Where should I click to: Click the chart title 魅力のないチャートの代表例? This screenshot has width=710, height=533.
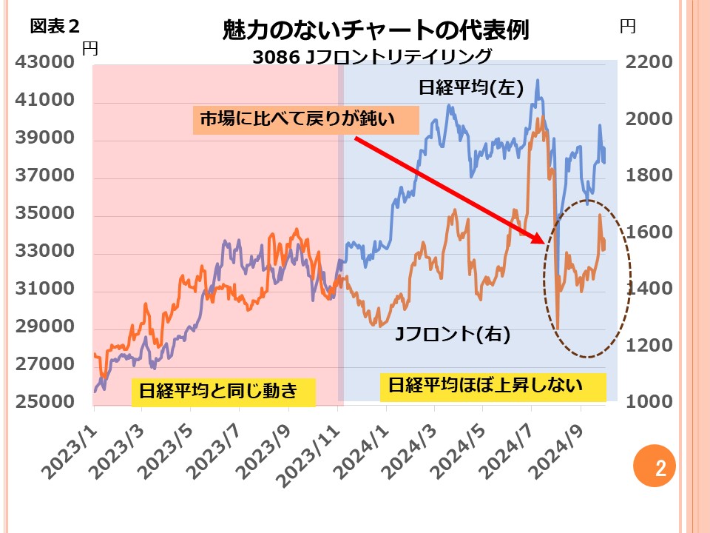pos(376,30)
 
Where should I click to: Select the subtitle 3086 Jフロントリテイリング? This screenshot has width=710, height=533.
pos(371,56)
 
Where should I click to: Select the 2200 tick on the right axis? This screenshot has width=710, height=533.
pos(649,63)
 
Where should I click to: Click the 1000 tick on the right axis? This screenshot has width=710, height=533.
pos(649,402)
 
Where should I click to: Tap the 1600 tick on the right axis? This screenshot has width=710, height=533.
pos(649,232)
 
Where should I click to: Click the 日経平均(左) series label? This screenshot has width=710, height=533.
pos(471,88)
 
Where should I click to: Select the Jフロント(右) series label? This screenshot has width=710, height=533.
pos(452,335)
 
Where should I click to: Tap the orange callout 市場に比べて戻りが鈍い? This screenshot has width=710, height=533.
pos(305,119)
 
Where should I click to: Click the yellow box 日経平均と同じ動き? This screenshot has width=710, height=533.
pos(223,391)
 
